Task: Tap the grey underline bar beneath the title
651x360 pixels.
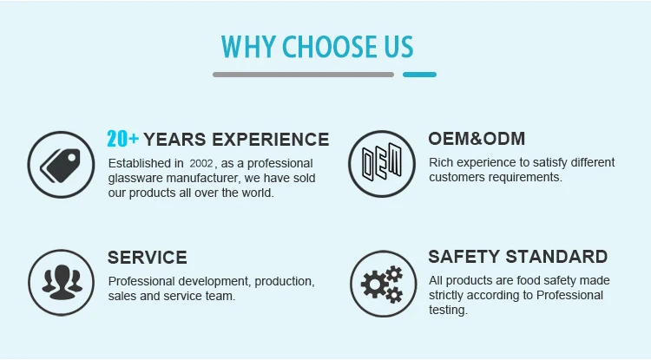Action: tap(303, 75)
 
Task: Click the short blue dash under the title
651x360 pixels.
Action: tap(419, 75)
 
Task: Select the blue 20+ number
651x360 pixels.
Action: tap(122, 139)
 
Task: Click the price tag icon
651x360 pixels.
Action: tap(61, 165)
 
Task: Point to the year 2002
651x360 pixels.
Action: tap(201, 163)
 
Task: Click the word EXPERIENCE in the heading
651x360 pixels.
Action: tap(271, 140)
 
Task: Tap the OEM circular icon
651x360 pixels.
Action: tap(382, 164)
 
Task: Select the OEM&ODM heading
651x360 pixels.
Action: tap(477, 139)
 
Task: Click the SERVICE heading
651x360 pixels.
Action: tap(148, 258)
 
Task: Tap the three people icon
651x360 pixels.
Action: tap(62, 283)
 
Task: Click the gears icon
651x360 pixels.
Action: tap(383, 284)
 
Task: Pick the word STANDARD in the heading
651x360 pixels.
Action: tap(556, 257)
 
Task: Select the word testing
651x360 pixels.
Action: tap(448, 311)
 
